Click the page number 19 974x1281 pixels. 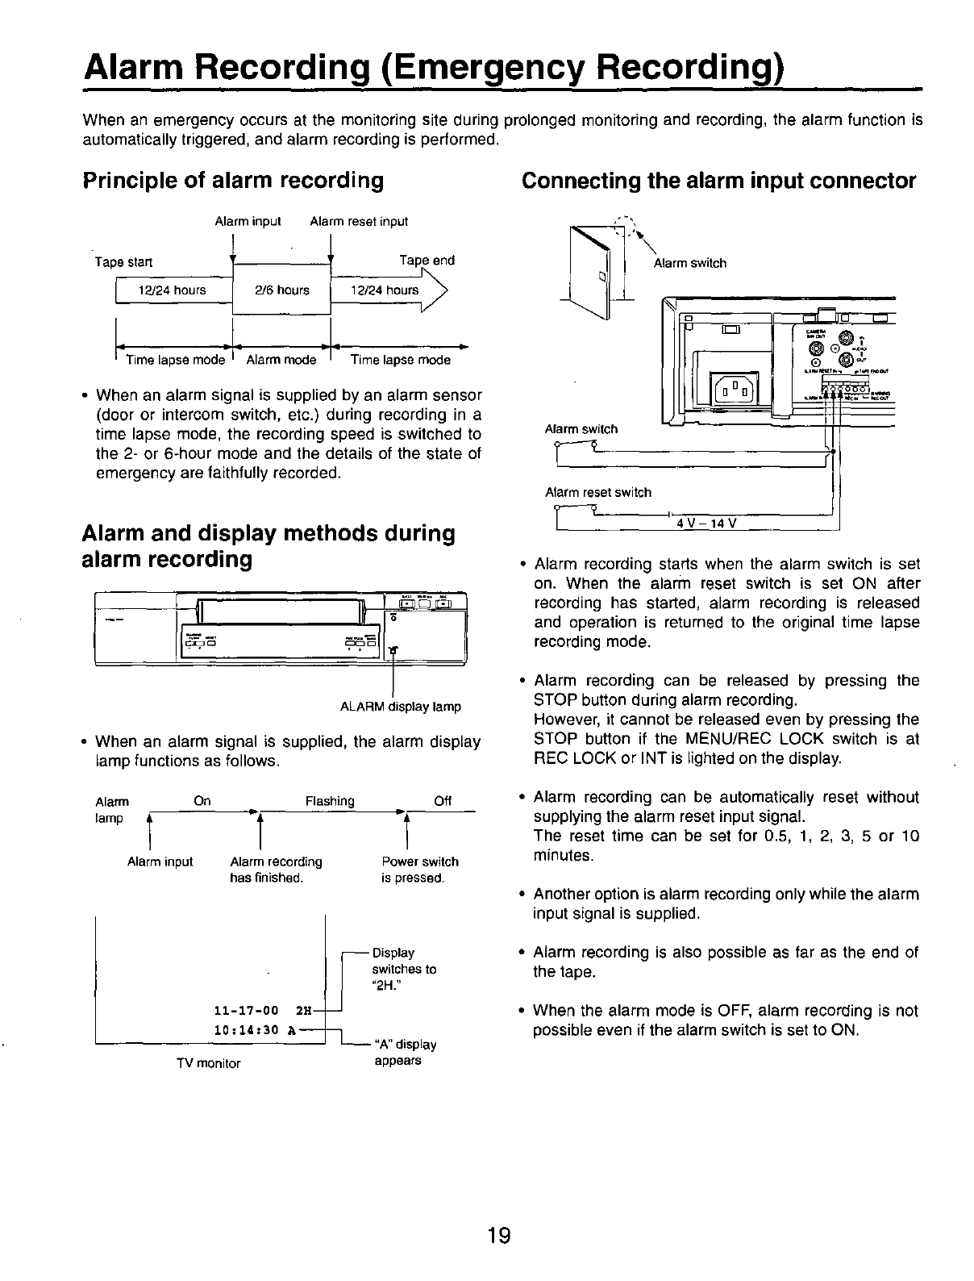(x=499, y=1235)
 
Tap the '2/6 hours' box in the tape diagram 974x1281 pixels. (x=282, y=290)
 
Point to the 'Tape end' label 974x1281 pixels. (x=427, y=261)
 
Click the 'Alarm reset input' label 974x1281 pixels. (x=359, y=221)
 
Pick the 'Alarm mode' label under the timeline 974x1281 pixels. (x=281, y=361)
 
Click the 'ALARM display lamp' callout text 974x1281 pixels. (x=401, y=707)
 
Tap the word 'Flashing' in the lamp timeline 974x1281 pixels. (x=330, y=801)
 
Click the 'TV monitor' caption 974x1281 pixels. (x=209, y=1063)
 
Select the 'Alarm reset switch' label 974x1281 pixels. (x=598, y=492)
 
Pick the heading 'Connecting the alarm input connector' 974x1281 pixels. (x=718, y=180)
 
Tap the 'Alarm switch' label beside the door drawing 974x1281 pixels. (x=689, y=263)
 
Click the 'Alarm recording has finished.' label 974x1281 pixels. (x=276, y=870)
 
